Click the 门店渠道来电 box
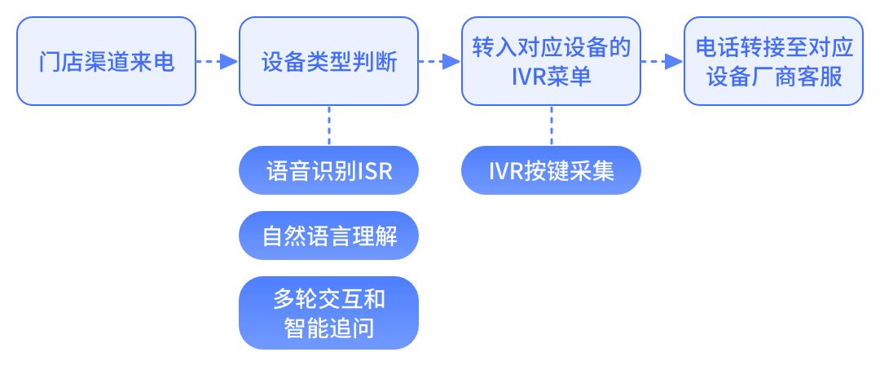coord(106,62)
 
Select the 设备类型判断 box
coord(328,62)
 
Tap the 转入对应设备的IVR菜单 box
coord(551,62)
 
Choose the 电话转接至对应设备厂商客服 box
coord(773,62)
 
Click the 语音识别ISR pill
coord(328,171)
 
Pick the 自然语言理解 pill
coord(328,236)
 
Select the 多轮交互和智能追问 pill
coord(328,313)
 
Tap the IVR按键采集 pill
coord(551,171)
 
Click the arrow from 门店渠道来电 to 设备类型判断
coord(217,62)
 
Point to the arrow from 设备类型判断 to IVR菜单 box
coord(439,62)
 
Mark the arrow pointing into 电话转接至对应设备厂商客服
coord(662,62)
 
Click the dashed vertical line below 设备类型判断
coord(328,125)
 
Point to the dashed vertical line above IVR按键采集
coord(551,125)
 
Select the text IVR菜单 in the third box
coord(551,77)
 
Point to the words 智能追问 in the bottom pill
coord(328,328)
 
